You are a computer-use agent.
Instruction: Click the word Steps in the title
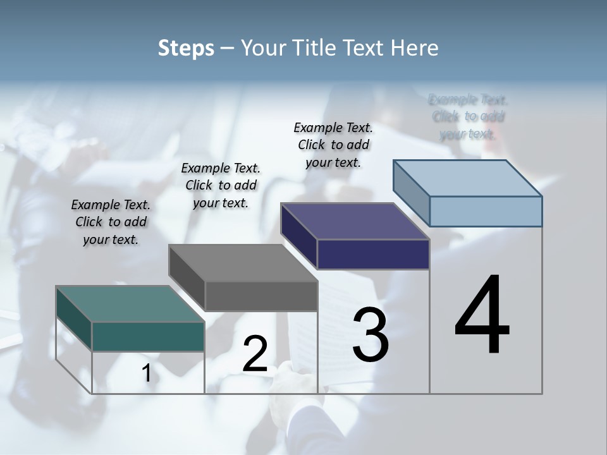tap(186, 48)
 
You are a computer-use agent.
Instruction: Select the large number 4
tap(482, 315)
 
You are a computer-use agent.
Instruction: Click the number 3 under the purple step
tap(371, 335)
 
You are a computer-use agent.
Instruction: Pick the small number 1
tap(146, 373)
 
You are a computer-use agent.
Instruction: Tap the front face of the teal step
tap(148, 336)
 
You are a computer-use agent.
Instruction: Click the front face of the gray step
tap(261, 296)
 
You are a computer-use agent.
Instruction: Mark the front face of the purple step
tap(373, 254)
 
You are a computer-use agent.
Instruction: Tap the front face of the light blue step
tap(486, 211)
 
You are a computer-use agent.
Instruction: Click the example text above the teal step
tap(111, 222)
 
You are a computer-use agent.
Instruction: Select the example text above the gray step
tap(221, 185)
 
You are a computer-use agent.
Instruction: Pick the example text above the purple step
tap(333, 145)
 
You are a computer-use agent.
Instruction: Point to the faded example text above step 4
tap(468, 116)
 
